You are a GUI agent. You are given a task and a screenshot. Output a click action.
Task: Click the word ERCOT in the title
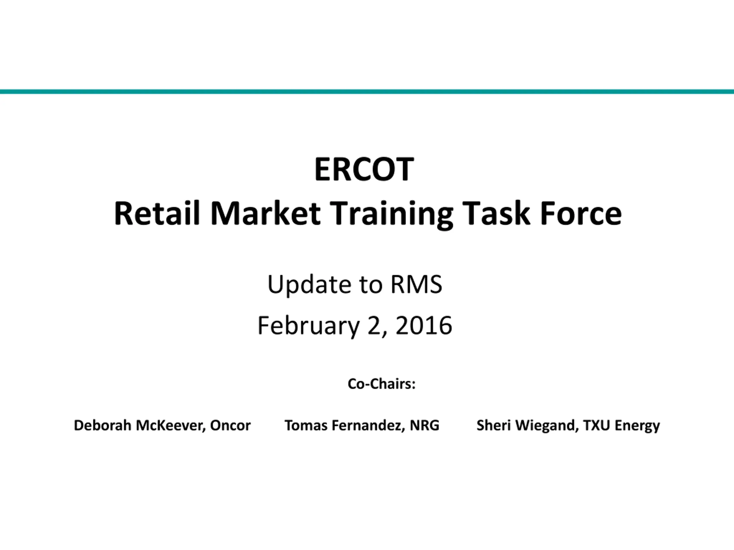tap(364, 169)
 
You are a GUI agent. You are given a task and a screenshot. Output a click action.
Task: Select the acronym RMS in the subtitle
tap(416, 284)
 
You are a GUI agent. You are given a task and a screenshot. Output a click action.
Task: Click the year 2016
tap(424, 325)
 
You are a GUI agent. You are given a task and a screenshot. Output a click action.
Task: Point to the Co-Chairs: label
tap(382, 384)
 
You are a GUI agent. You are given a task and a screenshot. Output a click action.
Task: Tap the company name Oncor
tap(230, 425)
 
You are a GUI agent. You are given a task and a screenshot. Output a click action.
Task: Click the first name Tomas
tap(306, 425)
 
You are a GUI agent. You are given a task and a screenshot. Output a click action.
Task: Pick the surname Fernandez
tap(369, 426)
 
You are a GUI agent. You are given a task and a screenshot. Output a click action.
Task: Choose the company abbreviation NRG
tap(425, 425)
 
